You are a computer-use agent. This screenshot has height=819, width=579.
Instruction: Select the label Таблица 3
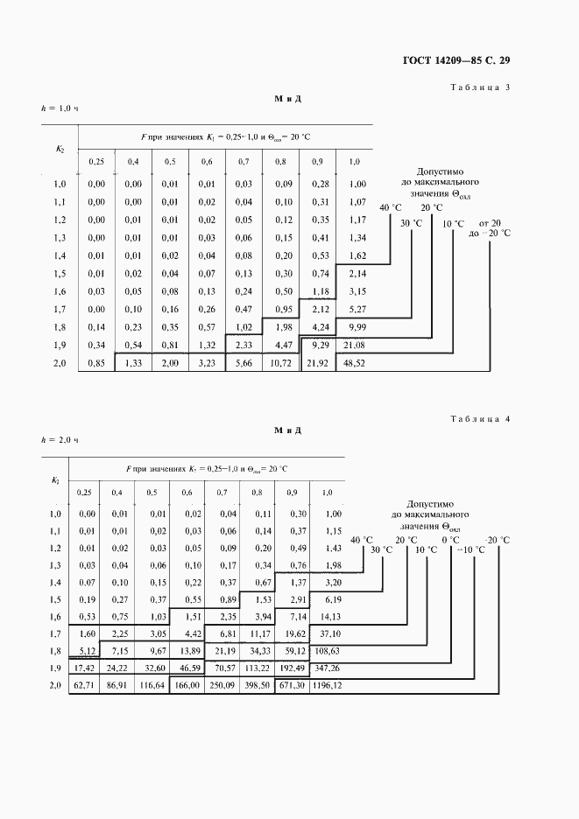[x=479, y=87]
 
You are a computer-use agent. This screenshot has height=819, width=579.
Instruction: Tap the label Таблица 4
[x=479, y=419]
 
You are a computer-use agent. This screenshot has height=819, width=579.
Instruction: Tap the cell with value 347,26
[x=327, y=668]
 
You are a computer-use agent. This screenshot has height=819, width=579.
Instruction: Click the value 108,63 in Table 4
[x=327, y=651]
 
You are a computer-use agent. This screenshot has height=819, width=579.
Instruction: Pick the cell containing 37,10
[x=327, y=633]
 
